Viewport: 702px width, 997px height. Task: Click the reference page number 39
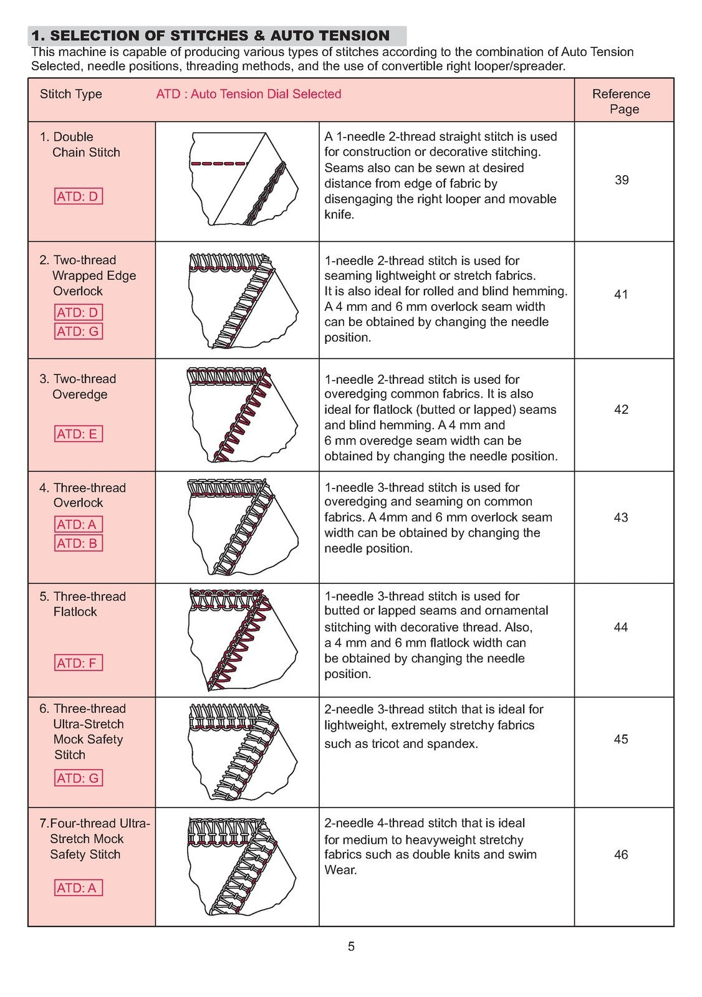point(622,180)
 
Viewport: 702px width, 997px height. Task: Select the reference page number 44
point(620,627)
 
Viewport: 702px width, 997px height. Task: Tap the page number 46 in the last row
point(621,854)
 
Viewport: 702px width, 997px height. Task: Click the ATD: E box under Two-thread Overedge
point(79,434)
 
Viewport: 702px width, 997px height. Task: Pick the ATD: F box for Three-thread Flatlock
point(79,663)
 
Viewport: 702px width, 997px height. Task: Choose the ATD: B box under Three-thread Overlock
point(79,543)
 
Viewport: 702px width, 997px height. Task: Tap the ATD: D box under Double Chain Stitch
point(79,196)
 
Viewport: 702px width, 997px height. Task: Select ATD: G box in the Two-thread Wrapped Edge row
point(79,331)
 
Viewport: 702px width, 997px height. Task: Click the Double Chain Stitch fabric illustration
point(243,179)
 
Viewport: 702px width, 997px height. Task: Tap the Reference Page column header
point(622,102)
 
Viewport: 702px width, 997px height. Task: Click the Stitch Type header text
point(71,94)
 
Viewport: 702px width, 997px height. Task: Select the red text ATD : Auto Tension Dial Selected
point(249,94)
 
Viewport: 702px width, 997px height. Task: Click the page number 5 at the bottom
point(351,947)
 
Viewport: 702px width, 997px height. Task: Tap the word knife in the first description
point(339,214)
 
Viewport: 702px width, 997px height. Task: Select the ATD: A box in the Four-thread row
point(79,887)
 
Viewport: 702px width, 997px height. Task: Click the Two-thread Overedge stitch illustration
point(243,415)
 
